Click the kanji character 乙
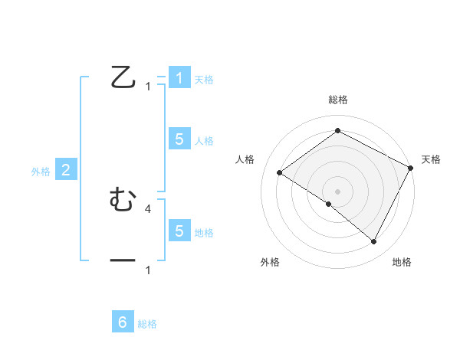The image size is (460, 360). point(123,78)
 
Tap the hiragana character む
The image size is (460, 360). point(123,200)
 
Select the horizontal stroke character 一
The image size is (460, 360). point(123,261)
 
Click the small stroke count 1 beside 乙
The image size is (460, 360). point(148,87)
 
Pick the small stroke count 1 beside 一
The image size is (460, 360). point(148,270)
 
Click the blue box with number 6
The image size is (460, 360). point(123,322)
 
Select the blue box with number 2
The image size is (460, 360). point(66,170)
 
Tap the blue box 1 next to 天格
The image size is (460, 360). point(179,78)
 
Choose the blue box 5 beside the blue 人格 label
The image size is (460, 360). point(179,139)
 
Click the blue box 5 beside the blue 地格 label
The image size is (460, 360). point(179,231)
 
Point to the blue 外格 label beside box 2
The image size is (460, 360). point(41,172)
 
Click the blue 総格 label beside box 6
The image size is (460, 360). point(147,324)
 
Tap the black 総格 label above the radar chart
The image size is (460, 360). point(337,100)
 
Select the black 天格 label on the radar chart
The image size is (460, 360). point(431,159)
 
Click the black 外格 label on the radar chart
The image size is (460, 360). point(270,263)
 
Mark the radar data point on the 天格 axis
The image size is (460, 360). point(411,168)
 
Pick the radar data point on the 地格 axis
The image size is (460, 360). point(374,242)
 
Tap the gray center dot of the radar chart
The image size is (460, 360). point(337,191)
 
